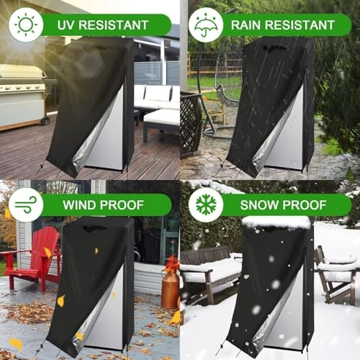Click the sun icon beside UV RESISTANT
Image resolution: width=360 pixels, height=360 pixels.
click(x=26, y=24)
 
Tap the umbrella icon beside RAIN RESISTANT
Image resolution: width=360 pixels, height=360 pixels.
click(x=206, y=24)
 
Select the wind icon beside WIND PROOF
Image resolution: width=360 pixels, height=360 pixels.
click(x=26, y=204)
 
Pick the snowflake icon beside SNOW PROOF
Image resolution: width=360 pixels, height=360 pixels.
click(x=206, y=204)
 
